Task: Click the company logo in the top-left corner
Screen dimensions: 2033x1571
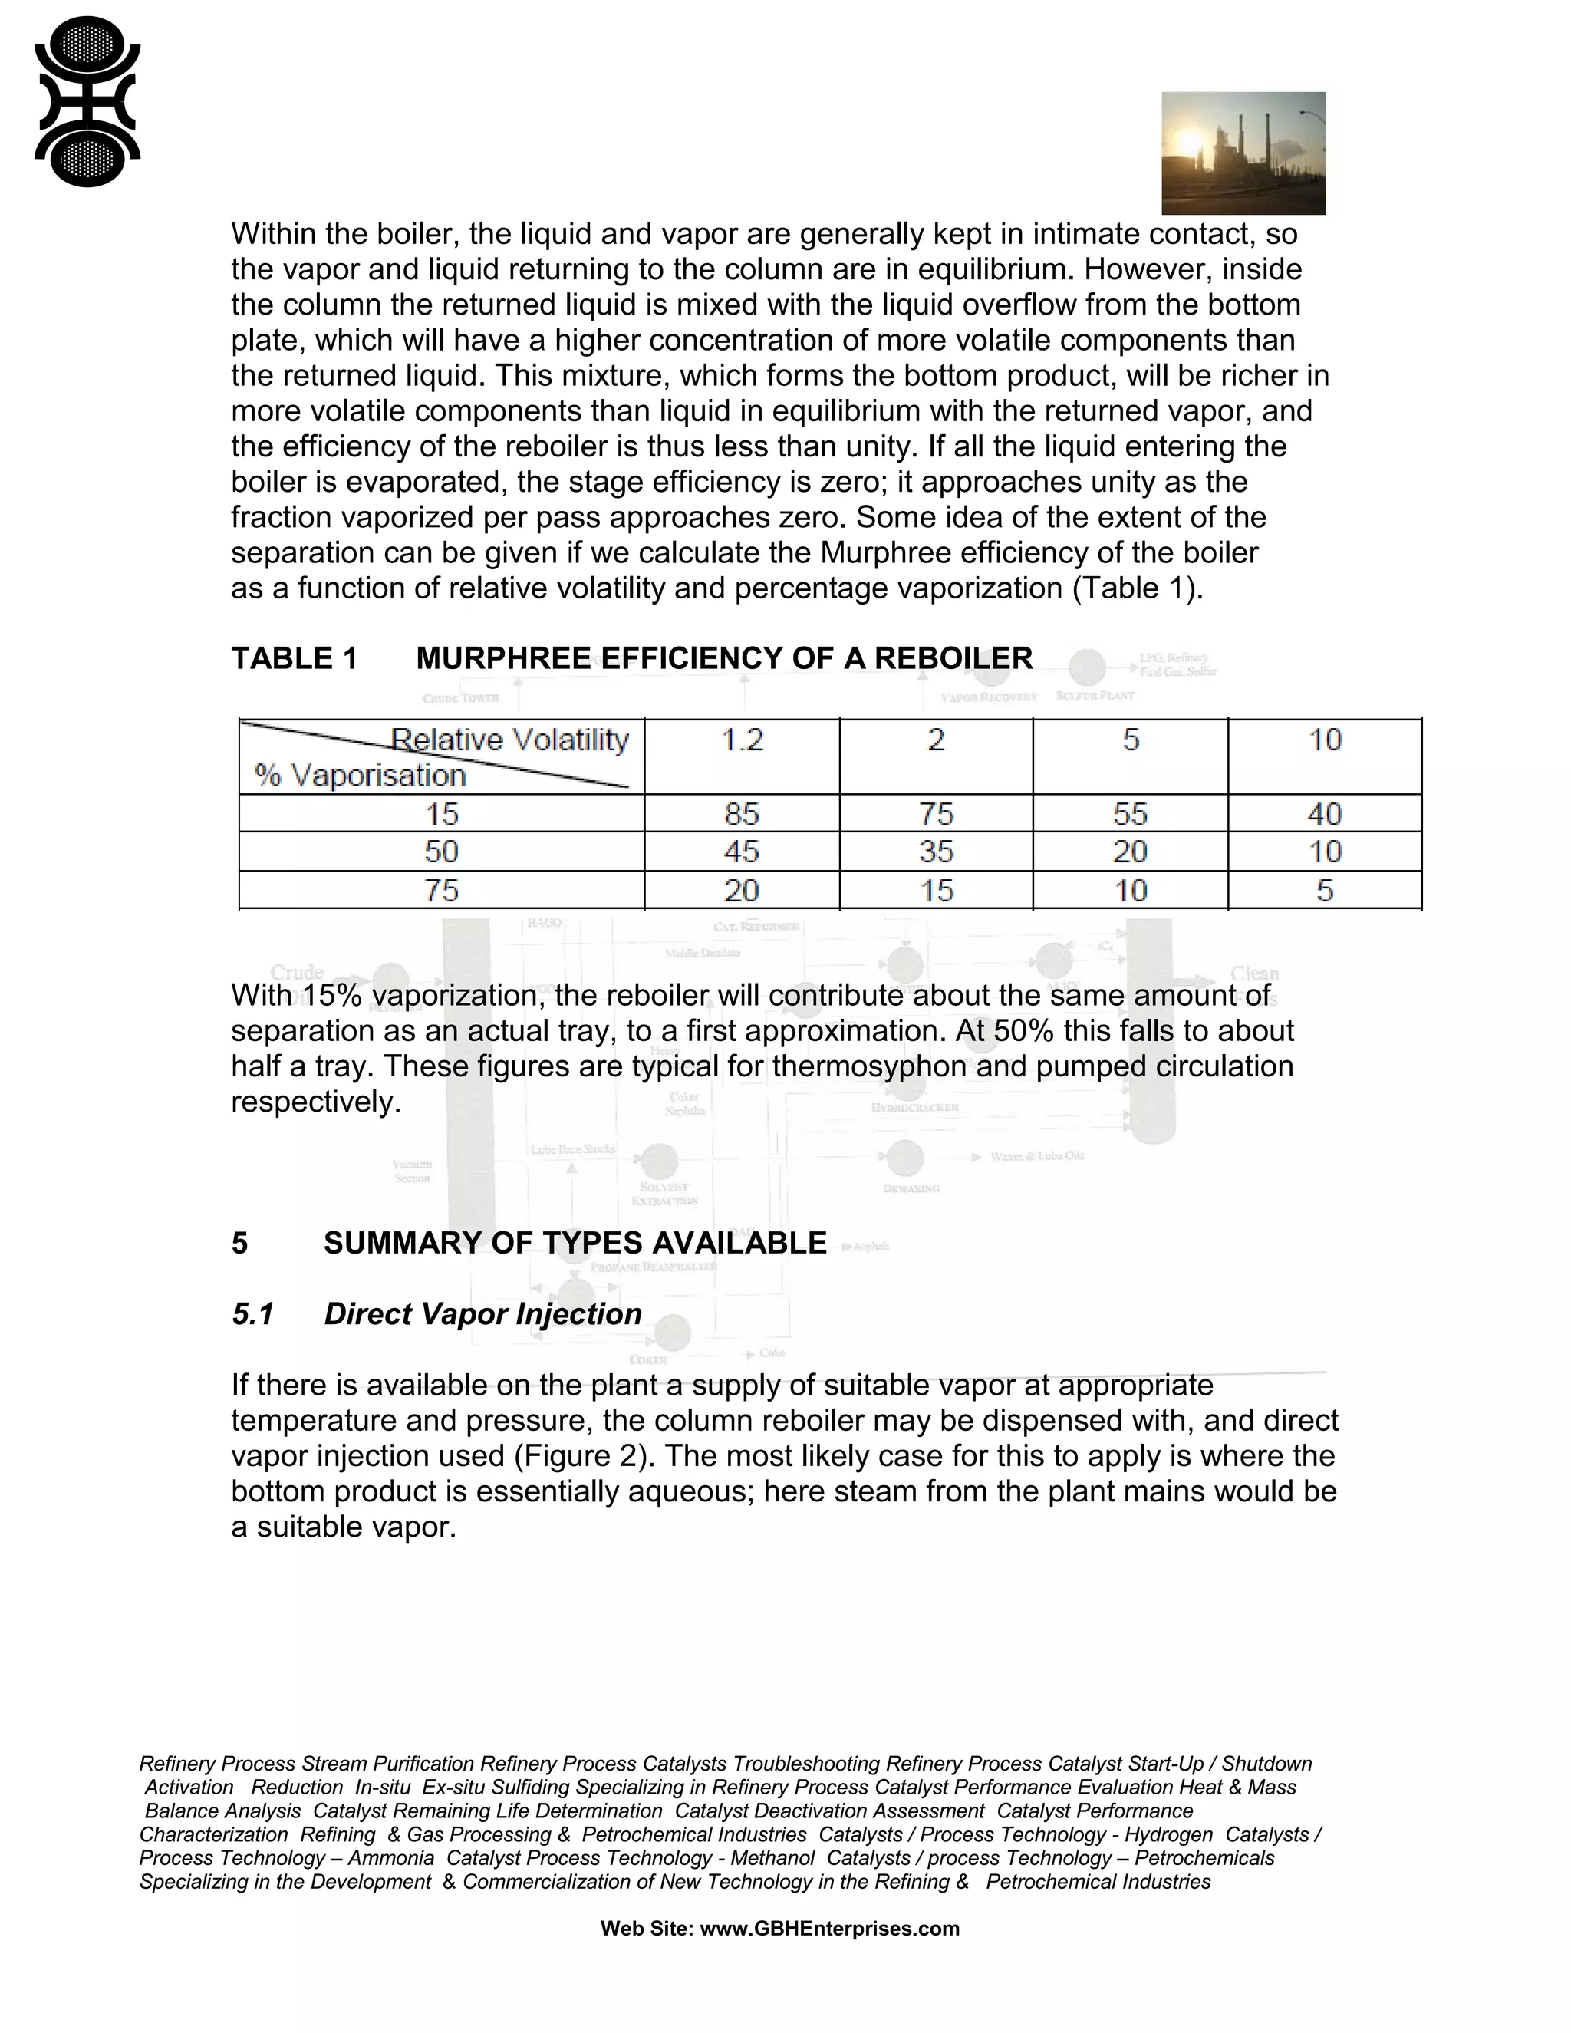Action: (87, 102)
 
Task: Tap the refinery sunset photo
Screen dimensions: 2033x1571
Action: (1243, 153)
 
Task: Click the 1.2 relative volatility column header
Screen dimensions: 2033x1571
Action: (742, 740)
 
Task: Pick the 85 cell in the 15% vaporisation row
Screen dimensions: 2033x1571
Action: (742, 815)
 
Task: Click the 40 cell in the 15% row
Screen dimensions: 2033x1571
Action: (1324, 815)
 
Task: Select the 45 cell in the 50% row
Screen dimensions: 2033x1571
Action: (742, 852)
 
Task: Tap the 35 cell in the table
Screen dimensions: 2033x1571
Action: (937, 852)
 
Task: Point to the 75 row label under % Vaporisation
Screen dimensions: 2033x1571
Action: (442, 891)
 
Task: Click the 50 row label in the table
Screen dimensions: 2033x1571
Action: (442, 852)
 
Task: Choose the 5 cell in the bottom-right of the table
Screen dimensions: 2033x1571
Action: (1324, 891)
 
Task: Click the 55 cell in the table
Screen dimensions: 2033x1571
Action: (1130, 815)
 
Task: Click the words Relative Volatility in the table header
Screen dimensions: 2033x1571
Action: (510, 740)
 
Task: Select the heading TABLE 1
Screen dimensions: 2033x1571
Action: (294, 658)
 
